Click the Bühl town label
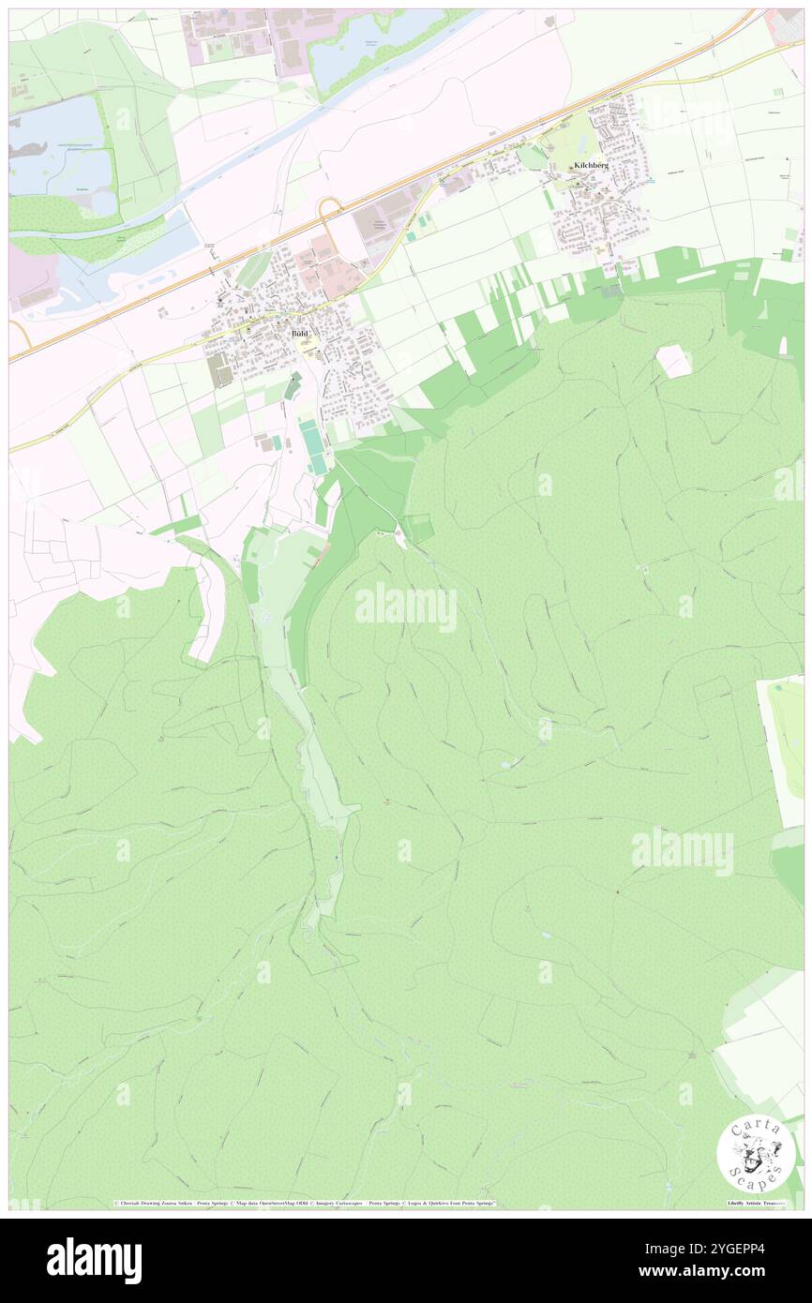tap(299, 334)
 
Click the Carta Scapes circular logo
tap(756, 1153)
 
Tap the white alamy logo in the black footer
tap(94, 1260)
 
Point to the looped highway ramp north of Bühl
tap(330, 212)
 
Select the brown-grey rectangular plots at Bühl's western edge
tap(219, 369)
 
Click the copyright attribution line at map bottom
tap(305, 1203)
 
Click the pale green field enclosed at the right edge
tap(786, 741)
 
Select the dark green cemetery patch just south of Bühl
tap(294, 383)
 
